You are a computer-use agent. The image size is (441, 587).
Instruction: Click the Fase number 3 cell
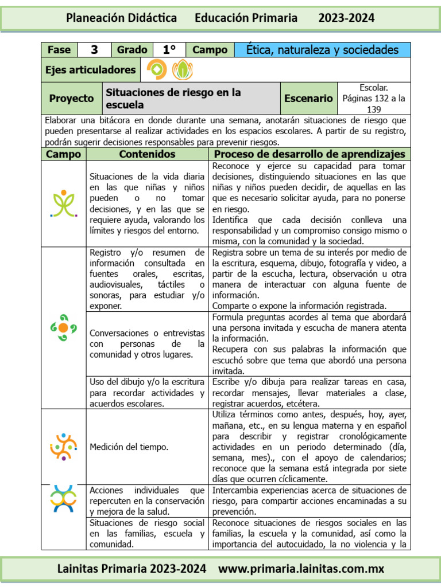point(94,50)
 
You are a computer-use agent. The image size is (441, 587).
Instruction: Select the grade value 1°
point(169,50)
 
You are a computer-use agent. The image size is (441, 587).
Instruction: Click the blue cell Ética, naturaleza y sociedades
point(322,50)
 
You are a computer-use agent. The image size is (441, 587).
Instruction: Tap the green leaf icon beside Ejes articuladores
point(182,70)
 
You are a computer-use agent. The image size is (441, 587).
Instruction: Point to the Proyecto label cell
point(71,99)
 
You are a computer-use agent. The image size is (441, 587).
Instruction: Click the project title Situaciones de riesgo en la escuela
point(173,99)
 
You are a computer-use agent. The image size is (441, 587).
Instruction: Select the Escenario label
point(308,99)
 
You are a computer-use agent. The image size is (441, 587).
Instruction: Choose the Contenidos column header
point(147,154)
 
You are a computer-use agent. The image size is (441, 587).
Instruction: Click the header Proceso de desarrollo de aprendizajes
point(310,154)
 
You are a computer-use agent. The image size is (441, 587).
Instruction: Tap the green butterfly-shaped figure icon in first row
point(64,204)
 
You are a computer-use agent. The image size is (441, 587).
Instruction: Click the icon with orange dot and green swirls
point(63,327)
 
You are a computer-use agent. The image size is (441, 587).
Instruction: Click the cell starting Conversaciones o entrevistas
point(147,344)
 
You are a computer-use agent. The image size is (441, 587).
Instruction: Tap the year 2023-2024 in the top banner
point(346,18)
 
